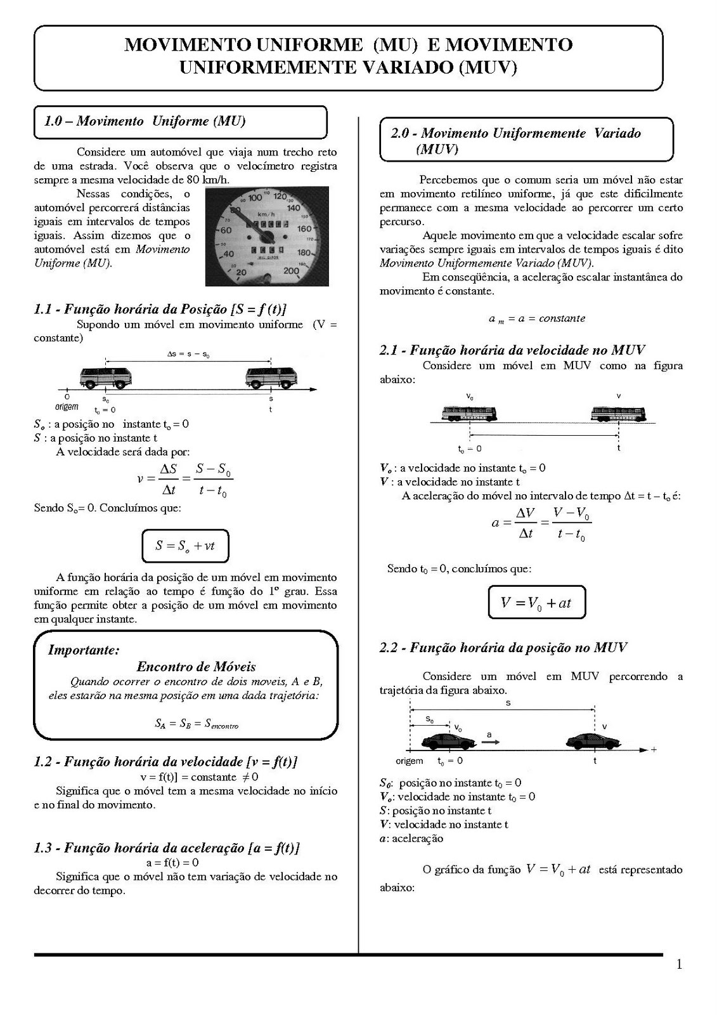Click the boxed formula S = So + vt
tap(184, 546)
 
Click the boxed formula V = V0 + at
tap(536, 602)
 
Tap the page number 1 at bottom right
tap(679, 965)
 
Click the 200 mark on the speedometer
tap(292, 271)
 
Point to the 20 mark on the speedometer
tap(240, 273)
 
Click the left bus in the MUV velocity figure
tap(470, 414)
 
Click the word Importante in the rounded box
tap(84, 650)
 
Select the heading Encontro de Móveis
tap(196, 667)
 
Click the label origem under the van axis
tap(67, 407)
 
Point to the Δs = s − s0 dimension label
tap(188, 355)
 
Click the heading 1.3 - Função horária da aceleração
tap(166, 848)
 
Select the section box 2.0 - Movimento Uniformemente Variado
tap(526, 140)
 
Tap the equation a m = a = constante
tap(536, 318)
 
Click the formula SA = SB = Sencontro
tap(197, 723)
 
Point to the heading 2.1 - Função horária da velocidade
tap(512, 350)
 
